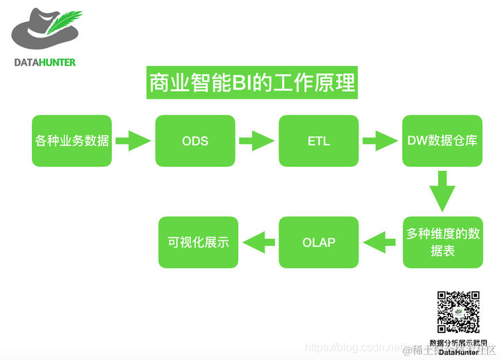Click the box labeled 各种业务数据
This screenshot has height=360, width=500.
click(72, 141)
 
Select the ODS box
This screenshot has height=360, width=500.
click(195, 141)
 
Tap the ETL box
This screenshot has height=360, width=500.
click(319, 141)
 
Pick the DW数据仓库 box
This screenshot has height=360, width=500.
click(442, 141)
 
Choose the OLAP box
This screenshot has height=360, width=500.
click(319, 243)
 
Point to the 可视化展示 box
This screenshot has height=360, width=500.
click(198, 243)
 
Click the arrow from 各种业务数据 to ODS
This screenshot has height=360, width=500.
click(133, 141)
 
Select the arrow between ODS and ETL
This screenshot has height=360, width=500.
click(256, 141)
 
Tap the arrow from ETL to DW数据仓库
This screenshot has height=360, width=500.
click(380, 141)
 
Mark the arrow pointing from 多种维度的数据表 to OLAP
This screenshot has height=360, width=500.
click(381, 243)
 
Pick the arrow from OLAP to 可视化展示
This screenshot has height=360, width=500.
click(258, 243)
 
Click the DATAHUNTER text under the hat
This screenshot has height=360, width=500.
click(45, 62)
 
